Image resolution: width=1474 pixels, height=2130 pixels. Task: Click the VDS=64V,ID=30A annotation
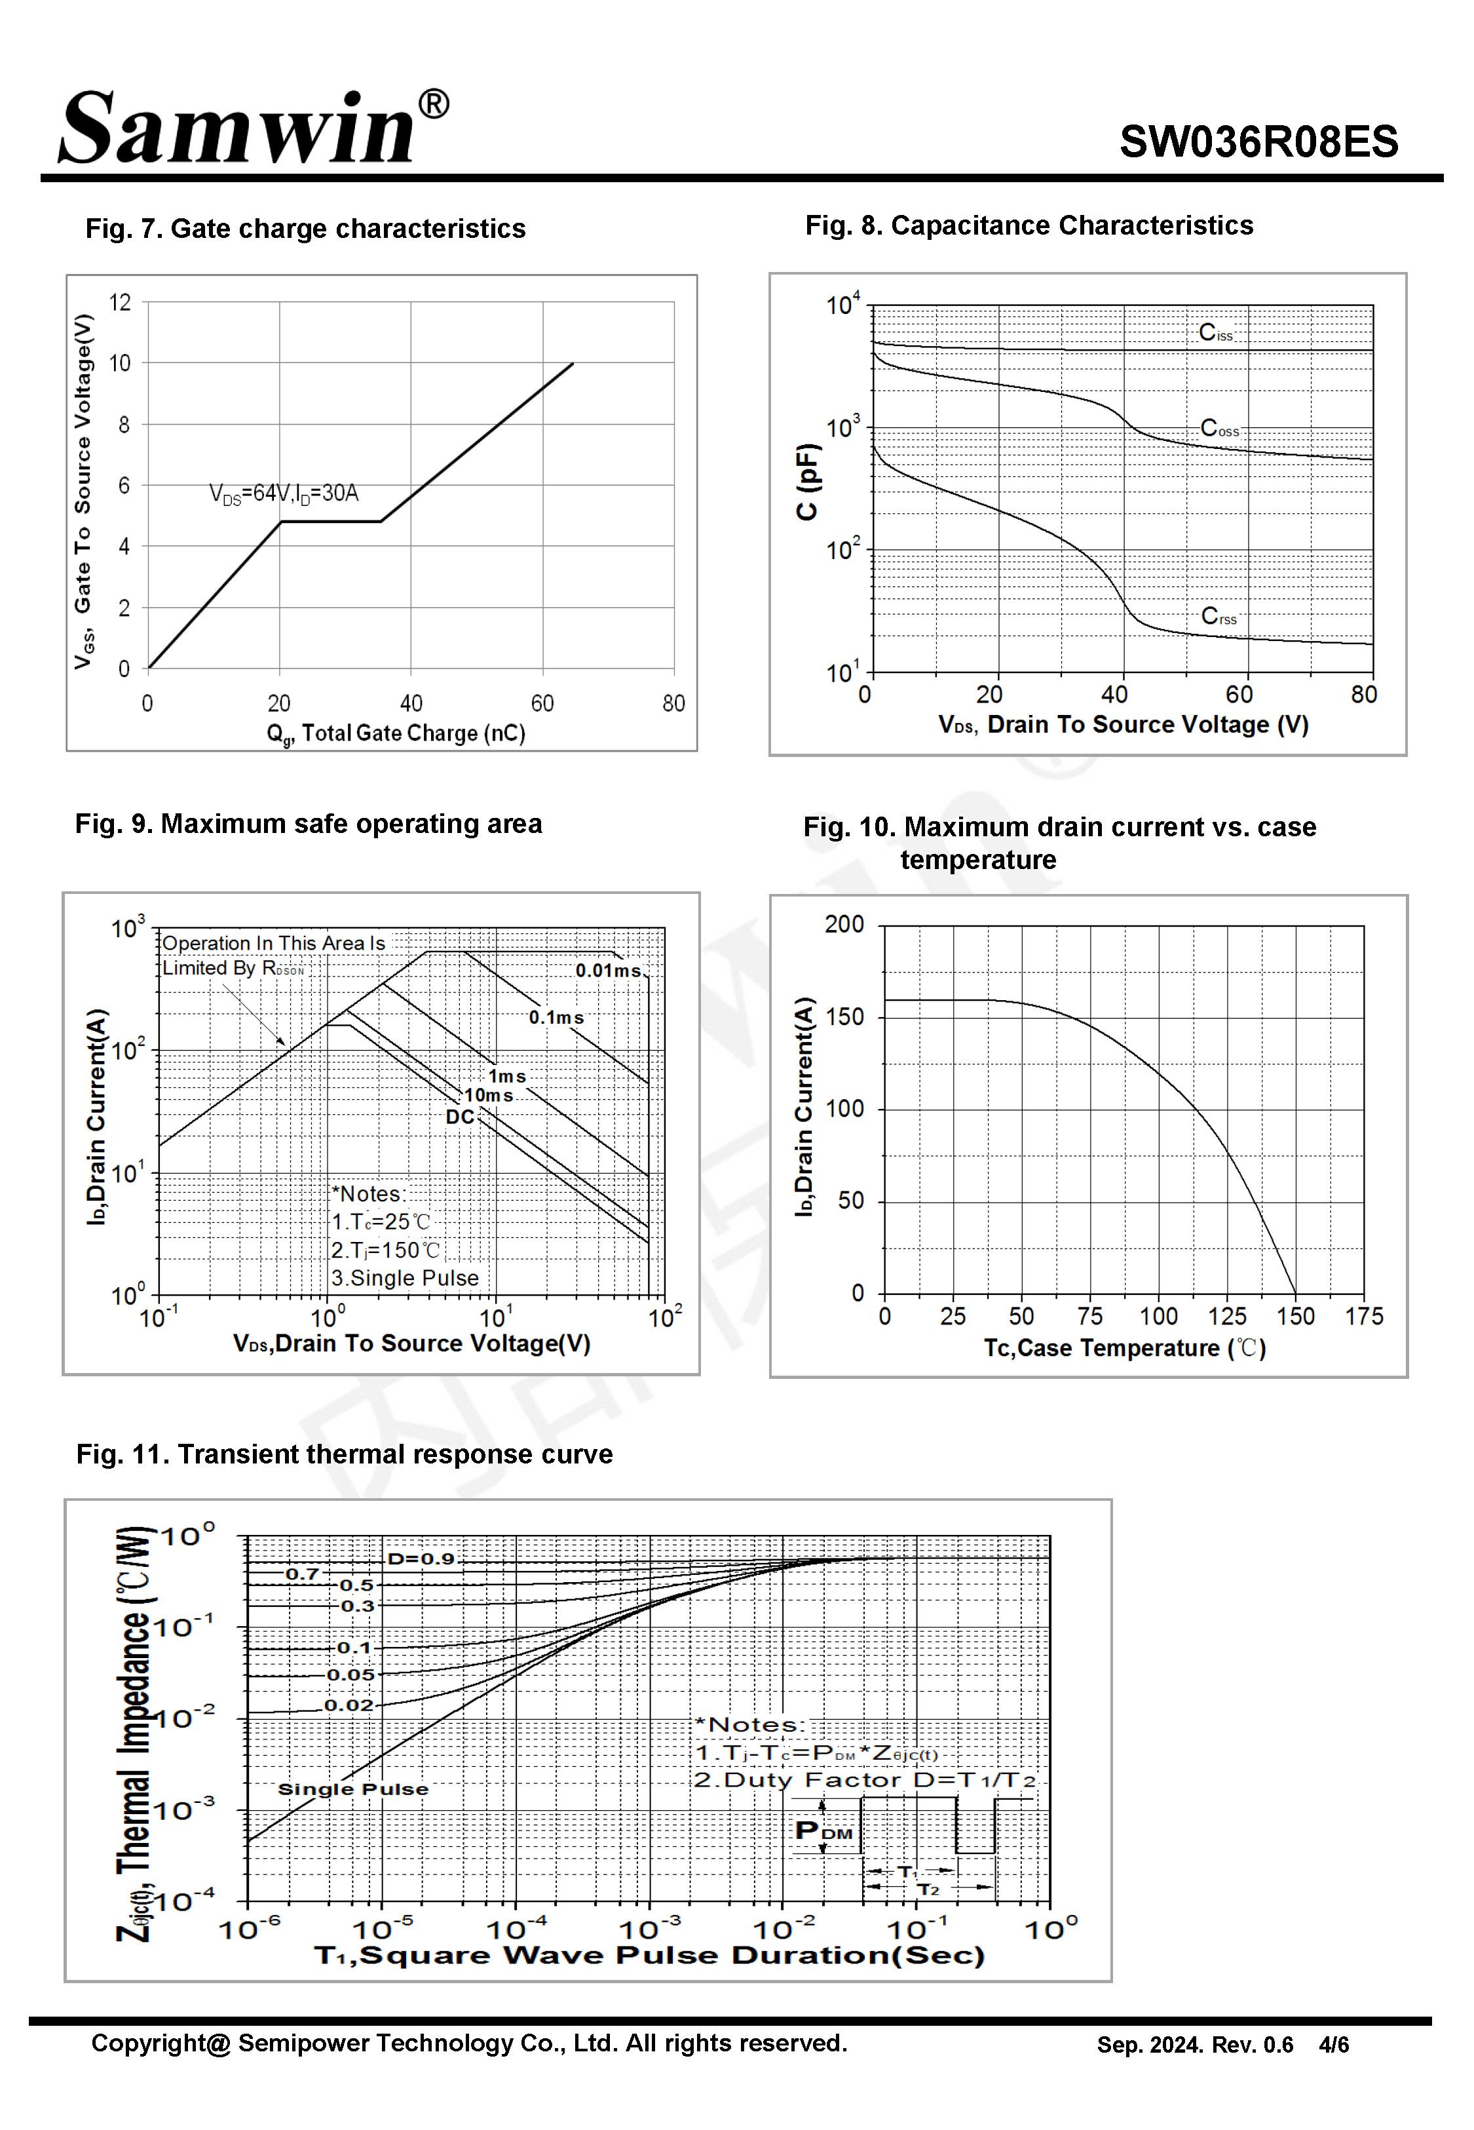coord(284,494)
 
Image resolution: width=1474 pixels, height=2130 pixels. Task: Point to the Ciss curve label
coord(1215,334)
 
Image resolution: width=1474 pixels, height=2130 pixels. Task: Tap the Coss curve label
coord(1219,429)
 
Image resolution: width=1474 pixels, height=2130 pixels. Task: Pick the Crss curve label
coord(1218,616)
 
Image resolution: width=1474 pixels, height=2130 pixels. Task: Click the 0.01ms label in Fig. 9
coord(608,971)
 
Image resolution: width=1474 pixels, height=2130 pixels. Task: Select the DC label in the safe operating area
coord(460,1117)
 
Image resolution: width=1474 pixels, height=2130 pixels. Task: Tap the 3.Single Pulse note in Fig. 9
coord(406,1279)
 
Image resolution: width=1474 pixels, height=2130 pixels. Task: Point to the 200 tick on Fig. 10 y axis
coord(844,925)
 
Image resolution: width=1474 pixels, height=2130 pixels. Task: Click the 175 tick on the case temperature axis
coord(1364,1317)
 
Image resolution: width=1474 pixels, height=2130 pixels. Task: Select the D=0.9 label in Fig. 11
coord(421,1559)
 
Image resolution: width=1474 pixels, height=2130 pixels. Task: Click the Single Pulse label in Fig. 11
coord(353,1789)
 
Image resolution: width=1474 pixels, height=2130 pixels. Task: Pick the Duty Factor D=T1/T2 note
coord(865,1780)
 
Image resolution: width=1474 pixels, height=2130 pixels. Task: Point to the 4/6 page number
coord(1334,2045)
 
